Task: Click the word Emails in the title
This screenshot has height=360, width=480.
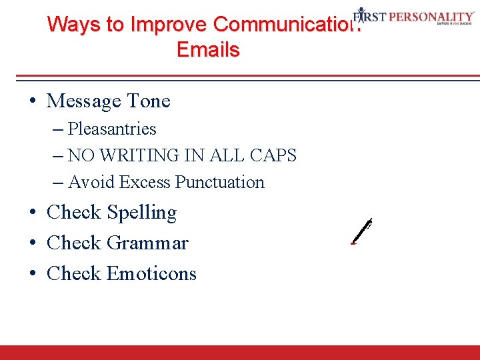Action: (x=208, y=50)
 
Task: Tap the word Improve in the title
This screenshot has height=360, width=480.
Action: (x=169, y=25)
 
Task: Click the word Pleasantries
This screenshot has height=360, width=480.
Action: (x=112, y=129)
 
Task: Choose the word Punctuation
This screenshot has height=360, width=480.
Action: (x=219, y=182)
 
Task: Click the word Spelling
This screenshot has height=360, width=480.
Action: (x=141, y=213)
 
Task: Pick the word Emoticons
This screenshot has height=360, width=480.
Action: (x=151, y=274)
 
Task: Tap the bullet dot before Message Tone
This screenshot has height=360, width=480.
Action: (x=33, y=102)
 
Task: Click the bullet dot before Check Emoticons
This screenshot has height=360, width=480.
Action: (x=33, y=274)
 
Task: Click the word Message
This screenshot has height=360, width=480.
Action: (x=82, y=101)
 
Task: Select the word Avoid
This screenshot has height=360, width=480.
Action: (x=86, y=182)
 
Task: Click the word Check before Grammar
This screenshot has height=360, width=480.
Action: (x=73, y=243)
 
